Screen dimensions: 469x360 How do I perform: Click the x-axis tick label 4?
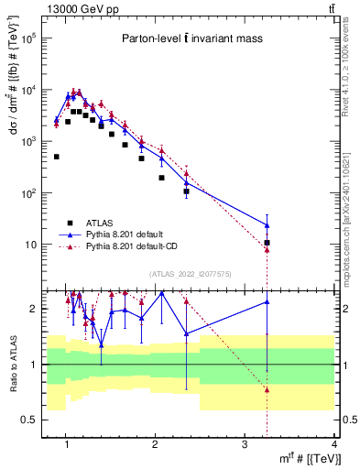(x=334, y=445)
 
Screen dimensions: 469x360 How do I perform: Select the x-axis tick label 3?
(x=245, y=445)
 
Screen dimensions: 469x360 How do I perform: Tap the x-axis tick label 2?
(x=155, y=445)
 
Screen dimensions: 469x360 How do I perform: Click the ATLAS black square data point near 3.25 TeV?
(x=267, y=243)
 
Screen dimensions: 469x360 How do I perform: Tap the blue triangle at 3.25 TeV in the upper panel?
(x=267, y=224)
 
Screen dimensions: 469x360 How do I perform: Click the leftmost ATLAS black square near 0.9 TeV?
(x=57, y=157)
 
